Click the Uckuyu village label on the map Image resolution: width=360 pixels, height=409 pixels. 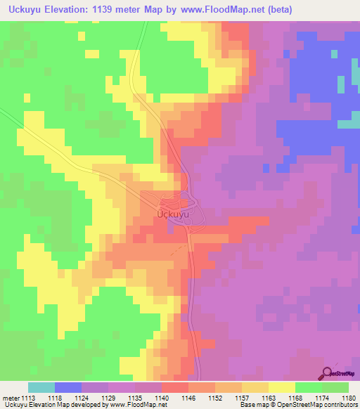tap(172, 212)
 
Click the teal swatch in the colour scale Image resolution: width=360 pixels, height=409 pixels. tap(41, 387)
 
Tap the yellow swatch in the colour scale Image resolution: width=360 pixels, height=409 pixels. tap(282, 387)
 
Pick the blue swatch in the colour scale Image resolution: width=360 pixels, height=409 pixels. tap(68, 387)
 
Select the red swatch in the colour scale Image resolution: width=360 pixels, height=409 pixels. tap(175, 387)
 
